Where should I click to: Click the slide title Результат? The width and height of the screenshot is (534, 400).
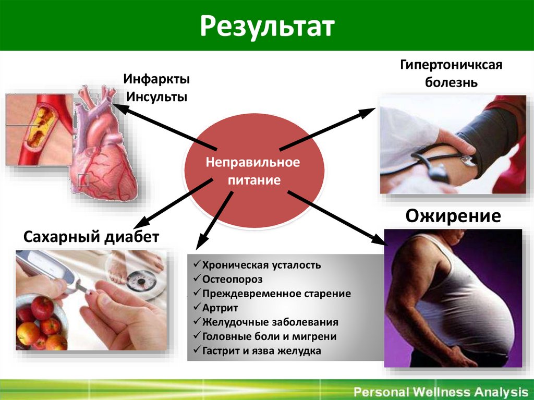(267, 26)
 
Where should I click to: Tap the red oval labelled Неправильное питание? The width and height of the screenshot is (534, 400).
(253, 171)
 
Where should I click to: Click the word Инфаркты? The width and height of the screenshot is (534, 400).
(156, 80)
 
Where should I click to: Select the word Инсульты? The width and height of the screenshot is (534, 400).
(156, 97)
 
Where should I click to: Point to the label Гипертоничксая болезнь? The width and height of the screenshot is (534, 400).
(451, 74)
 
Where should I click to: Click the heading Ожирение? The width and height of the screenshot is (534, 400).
(453, 216)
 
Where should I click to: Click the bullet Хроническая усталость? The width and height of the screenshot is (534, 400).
(261, 265)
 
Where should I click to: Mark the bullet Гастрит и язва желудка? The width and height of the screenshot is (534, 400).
(261, 351)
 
